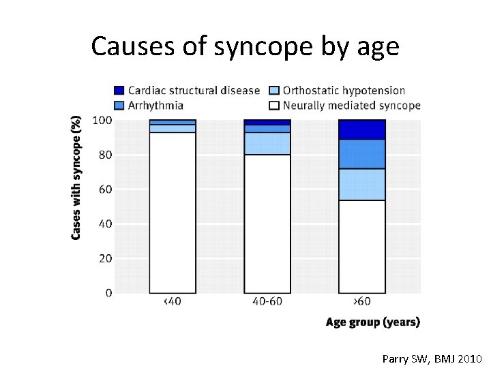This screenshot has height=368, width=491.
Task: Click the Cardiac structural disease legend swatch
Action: coord(119,90)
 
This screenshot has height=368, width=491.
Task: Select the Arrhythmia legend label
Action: coord(155,106)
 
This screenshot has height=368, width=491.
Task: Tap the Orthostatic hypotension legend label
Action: coord(344,90)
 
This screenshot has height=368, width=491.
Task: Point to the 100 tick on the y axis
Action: coord(103,121)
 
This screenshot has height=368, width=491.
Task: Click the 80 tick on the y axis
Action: coord(105,155)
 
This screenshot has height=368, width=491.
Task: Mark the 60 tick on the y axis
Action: coord(105,189)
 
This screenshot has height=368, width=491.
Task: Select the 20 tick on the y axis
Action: coord(105,258)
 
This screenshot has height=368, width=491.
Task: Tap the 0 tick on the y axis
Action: coord(108,293)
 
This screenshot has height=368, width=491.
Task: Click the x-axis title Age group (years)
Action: coord(372,322)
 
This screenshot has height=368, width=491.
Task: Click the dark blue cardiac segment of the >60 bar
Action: coord(361,129)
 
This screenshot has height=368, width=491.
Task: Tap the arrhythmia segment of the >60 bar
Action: coord(361,154)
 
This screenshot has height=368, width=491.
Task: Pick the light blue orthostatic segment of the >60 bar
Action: coord(361,184)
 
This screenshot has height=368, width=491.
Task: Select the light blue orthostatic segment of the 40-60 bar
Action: coord(267,143)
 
